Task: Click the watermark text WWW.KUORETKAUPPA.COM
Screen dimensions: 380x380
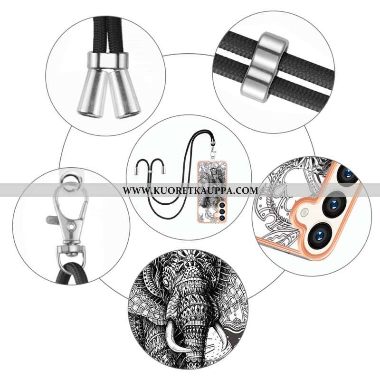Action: coord(190,190)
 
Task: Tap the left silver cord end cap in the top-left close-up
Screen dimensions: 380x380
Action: coord(93,92)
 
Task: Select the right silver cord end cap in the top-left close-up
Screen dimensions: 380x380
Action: coord(123,94)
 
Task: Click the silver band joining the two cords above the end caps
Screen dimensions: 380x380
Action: coord(107,60)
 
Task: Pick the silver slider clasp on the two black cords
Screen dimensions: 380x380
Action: coord(265,66)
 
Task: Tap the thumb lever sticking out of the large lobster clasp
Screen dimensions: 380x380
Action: coord(52,219)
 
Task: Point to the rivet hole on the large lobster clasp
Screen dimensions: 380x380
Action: coord(72,227)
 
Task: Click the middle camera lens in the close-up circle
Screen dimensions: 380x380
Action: coord(334,203)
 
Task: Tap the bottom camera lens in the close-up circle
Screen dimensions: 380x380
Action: coord(319,235)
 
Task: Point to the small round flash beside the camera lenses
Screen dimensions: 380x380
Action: coord(303,213)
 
